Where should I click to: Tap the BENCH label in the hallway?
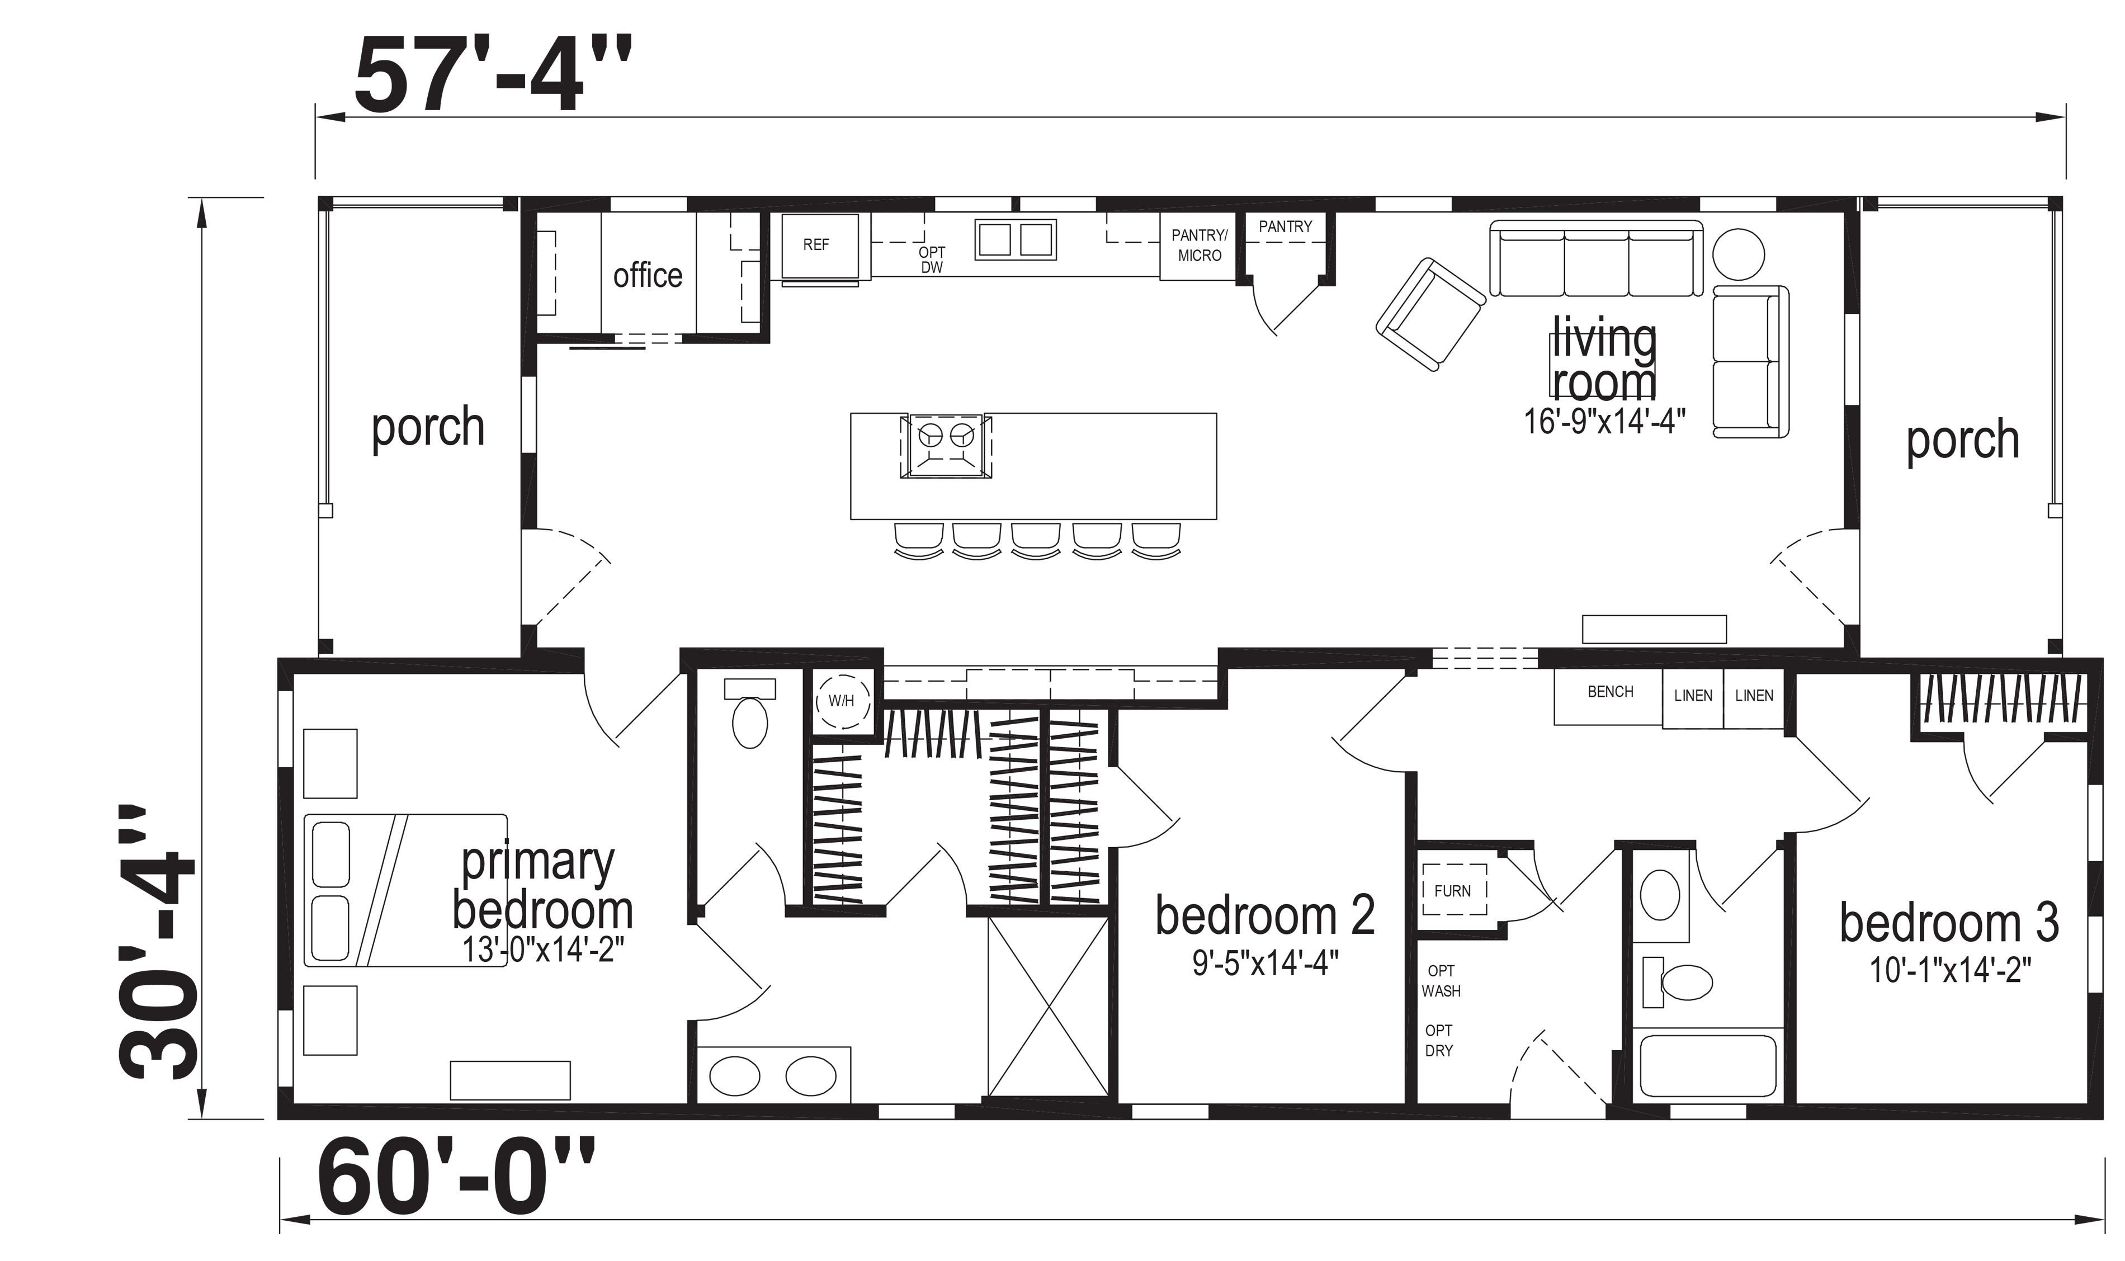(x=1610, y=692)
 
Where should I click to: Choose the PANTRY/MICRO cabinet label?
(x=1200, y=245)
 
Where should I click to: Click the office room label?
(x=648, y=275)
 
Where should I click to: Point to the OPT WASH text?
(x=1441, y=981)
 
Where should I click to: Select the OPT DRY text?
(x=1439, y=1040)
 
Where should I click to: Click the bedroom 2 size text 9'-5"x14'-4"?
(x=1265, y=964)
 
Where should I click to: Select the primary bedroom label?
(x=542, y=886)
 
